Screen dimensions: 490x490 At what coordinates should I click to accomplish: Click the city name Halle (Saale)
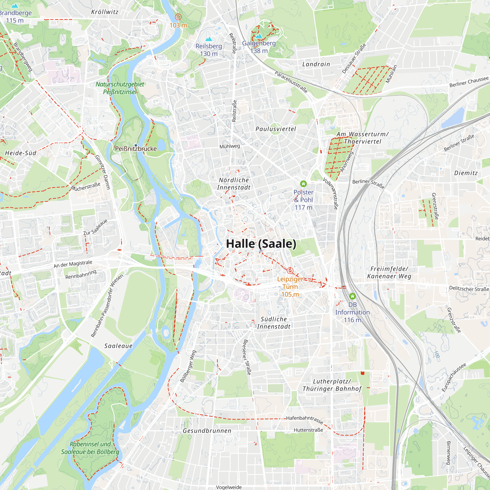point(261,244)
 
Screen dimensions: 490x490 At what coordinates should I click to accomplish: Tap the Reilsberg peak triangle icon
point(209,39)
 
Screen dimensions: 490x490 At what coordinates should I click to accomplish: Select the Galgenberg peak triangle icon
point(259,36)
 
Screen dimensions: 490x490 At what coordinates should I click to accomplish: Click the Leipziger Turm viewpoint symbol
point(290,270)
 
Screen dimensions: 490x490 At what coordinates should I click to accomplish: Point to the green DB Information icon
point(352,296)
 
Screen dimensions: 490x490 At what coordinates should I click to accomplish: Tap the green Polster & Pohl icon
point(303,184)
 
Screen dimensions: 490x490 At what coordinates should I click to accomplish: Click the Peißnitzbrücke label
point(136,149)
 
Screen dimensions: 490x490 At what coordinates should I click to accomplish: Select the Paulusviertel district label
point(276,129)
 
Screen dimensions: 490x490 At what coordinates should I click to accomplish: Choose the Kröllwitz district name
point(105,12)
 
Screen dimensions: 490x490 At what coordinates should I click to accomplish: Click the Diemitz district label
point(466,173)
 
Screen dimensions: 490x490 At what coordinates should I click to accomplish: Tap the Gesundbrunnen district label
point(207,431)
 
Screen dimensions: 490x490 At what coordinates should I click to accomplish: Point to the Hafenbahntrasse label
point(305,420)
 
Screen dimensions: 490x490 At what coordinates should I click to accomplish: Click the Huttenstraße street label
point(308,430)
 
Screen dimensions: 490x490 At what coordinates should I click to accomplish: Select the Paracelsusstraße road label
point(291,82)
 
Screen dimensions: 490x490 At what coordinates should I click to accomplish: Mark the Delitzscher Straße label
point(469,289)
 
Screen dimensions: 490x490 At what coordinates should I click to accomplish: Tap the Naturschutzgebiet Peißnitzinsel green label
point(120,88)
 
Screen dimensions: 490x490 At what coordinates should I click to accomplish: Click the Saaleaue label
point(118,346)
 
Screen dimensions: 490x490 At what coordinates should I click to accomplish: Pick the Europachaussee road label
point(454,377)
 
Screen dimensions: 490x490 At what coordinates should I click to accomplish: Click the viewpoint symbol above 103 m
point(178,17)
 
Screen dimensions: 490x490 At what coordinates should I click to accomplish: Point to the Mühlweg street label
point(230,146)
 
